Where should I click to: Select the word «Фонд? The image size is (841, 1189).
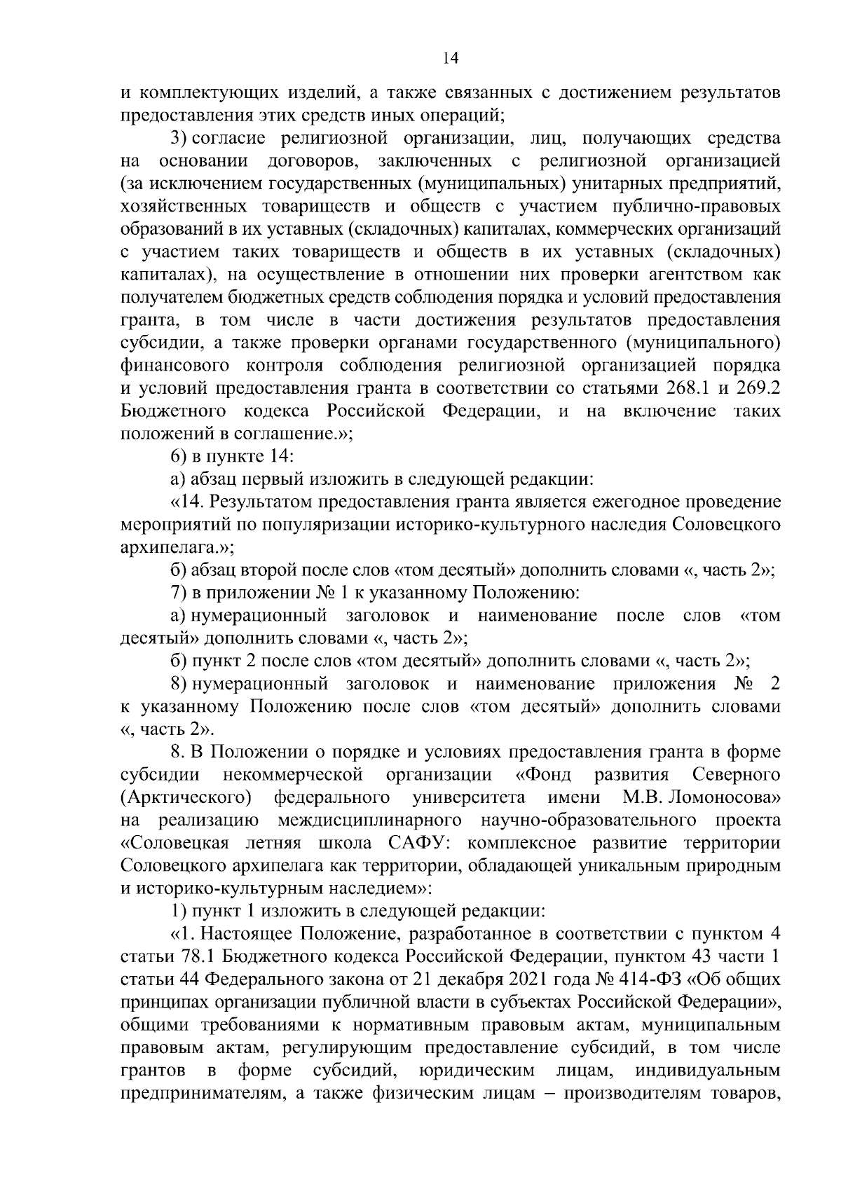pyautogui.click(x=543, y=775)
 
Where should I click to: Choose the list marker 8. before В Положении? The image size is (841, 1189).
pyautogui.click(x=178, y=752)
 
